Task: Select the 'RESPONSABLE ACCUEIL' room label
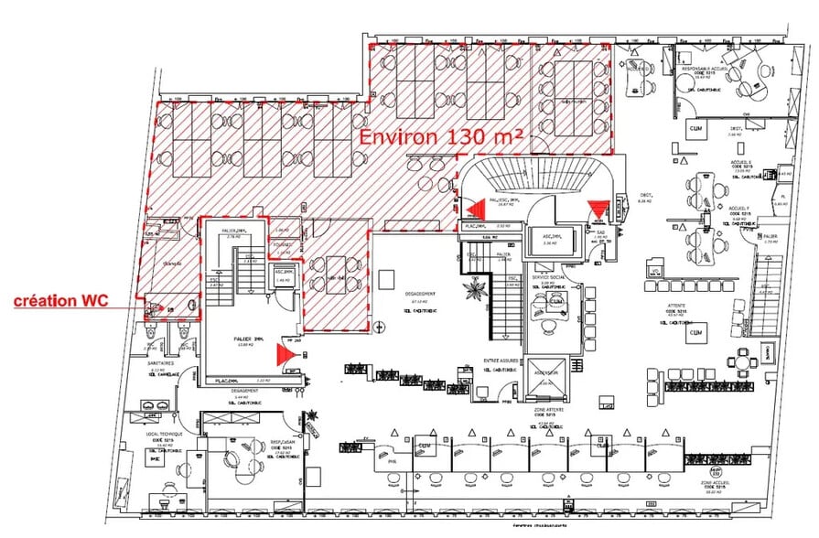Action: tap(706, 69)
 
